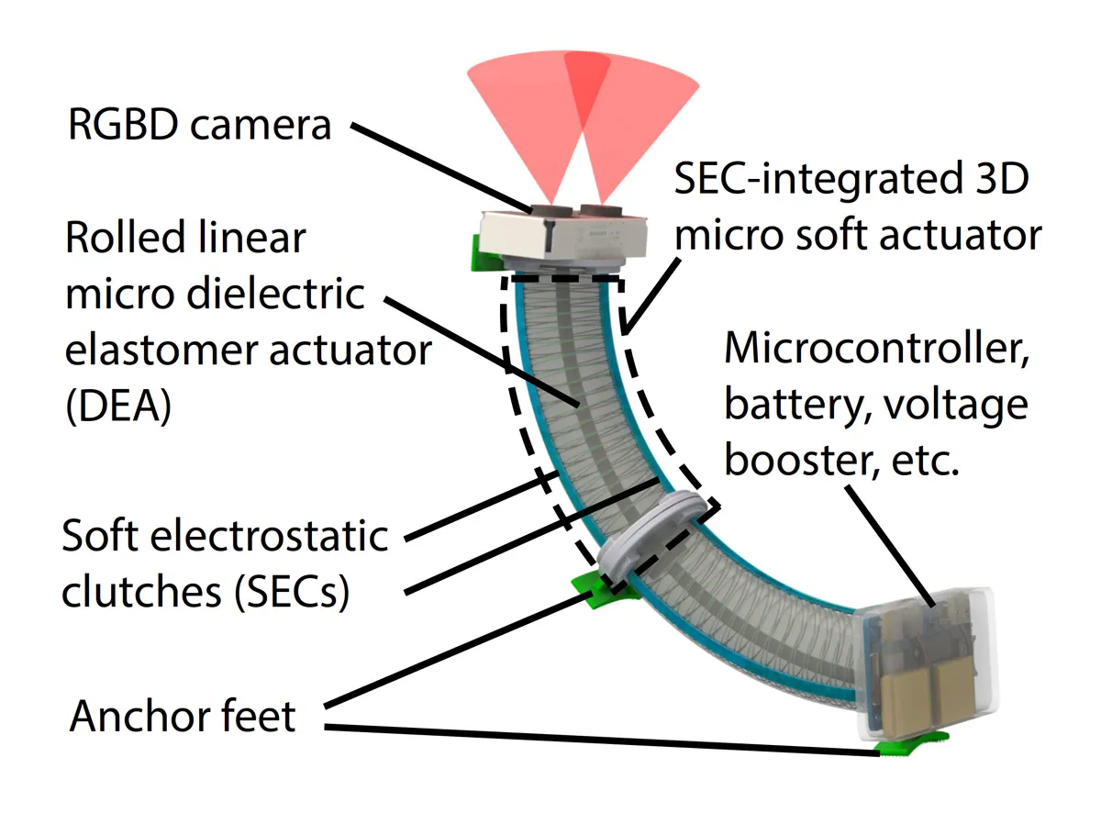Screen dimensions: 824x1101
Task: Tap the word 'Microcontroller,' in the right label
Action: [x=875, y=351]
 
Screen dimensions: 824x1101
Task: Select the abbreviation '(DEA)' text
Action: [x=118, y=405]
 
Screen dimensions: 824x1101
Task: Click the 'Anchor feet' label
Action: [x=183, y=716]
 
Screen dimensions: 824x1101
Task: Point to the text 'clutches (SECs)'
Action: [x=206, y=592]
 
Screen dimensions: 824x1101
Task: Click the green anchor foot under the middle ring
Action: [x=595, y=590]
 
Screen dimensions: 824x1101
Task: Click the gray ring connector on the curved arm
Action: [x=657, y=538]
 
